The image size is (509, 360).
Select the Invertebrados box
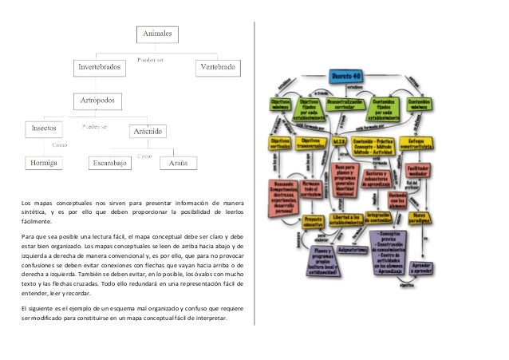pos(99,68)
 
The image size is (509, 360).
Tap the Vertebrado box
pos(216,68)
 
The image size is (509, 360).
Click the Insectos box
pos(43,128)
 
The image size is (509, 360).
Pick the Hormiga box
pos(43,162)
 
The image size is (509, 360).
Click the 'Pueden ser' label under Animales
pos(152,57)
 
